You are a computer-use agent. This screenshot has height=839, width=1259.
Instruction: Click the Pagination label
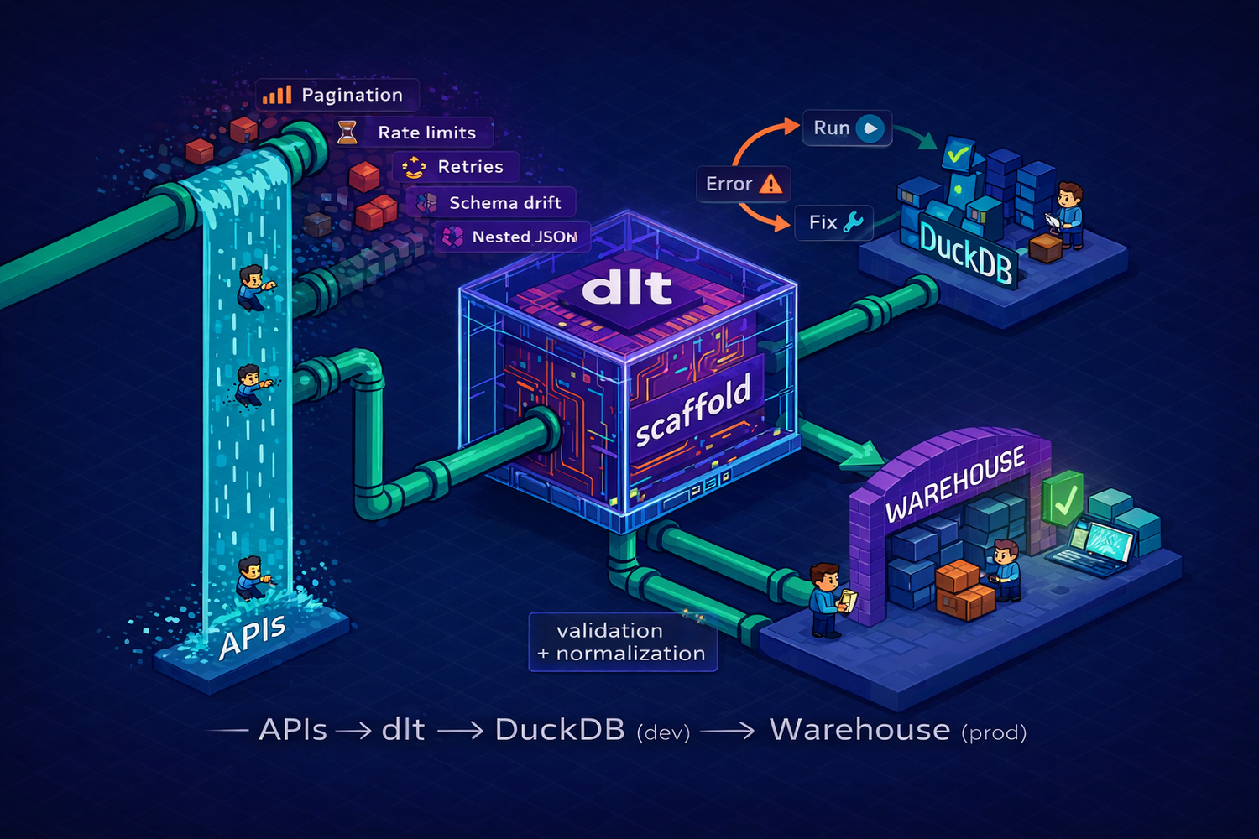[x=352, y=95]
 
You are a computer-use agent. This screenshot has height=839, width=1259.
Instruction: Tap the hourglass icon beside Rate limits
[x=347, y=133]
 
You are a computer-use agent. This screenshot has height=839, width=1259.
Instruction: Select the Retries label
[x=470, y=166]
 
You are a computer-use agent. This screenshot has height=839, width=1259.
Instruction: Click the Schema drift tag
[x=504, y=202]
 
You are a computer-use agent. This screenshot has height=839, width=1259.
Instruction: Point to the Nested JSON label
[x=525, y=237]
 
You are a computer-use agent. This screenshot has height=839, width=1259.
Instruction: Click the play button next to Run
[x=871, y=128]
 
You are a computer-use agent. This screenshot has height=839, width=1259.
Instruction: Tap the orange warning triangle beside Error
[x=770, y=183]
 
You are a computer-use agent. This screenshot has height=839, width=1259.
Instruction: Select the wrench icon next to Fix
[x=853, y=222]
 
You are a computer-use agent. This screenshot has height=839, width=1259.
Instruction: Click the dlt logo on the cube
[x=627, y=287]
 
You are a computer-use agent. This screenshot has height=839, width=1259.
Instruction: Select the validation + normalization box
[x=622, y=642]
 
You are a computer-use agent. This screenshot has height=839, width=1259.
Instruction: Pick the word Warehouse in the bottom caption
[x=859, y=730]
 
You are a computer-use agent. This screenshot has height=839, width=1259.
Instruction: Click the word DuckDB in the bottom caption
[x=560, y=730]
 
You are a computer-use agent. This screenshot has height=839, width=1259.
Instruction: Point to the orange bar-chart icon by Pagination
[x=277, y=95]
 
